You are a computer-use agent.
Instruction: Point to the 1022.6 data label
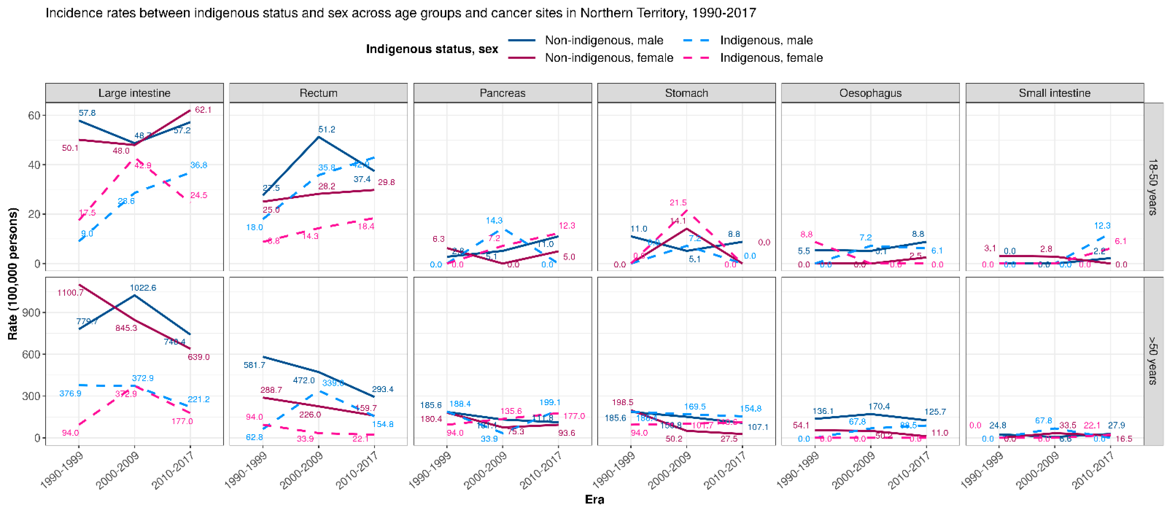click(x=143, y=287)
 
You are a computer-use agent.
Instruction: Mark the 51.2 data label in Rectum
click(x=327, y=130)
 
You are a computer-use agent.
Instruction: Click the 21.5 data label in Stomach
click(x=678, y=202)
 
